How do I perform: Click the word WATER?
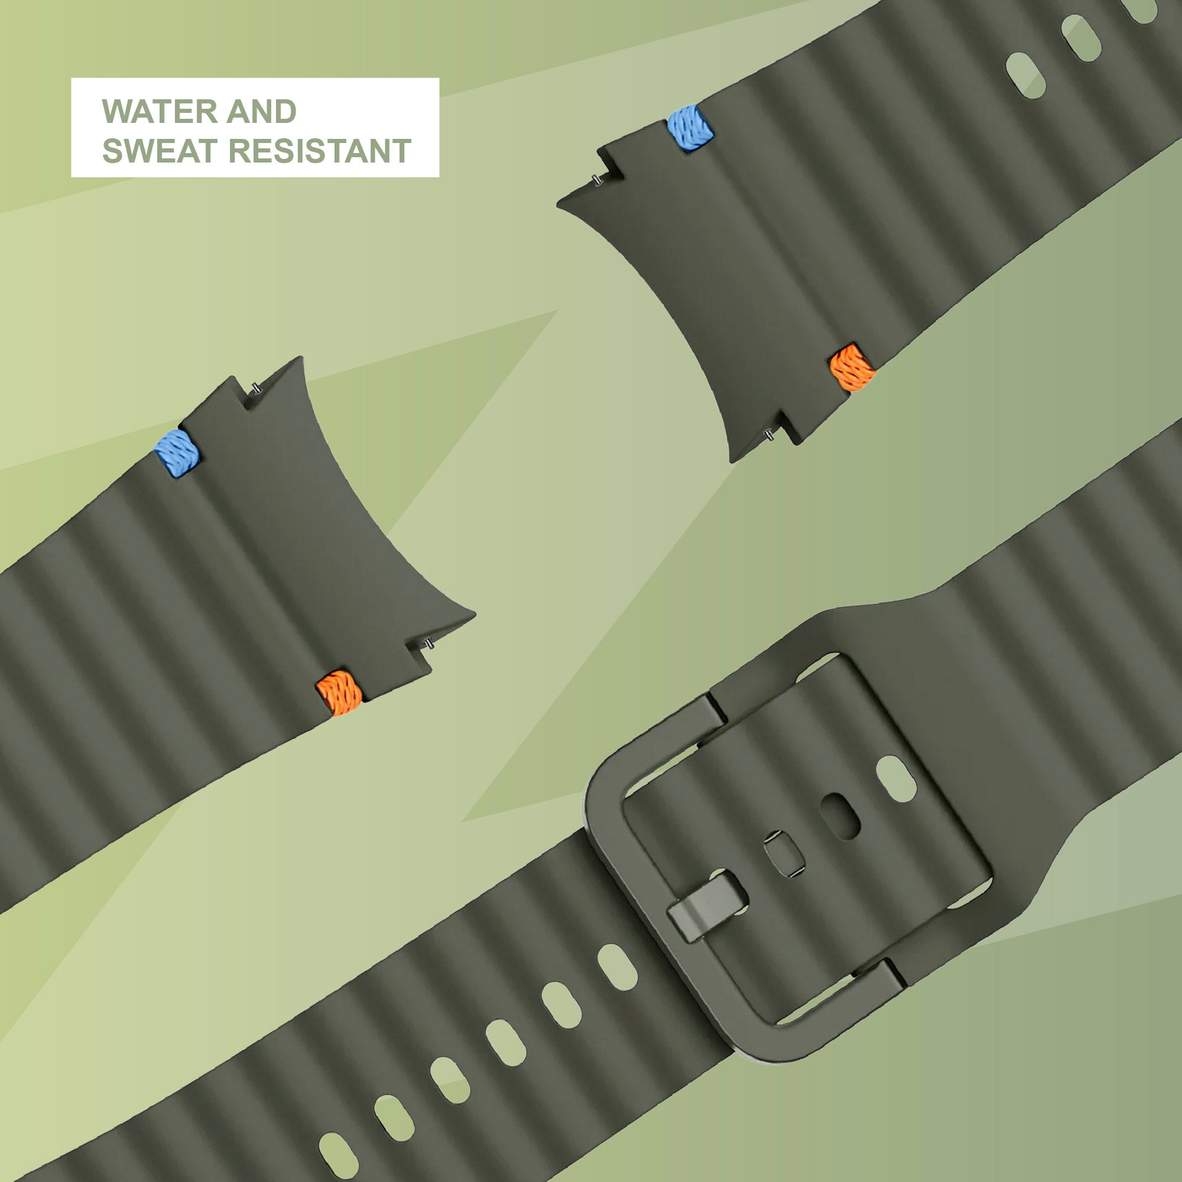click(160, 111)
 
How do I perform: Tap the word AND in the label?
click(262, 111)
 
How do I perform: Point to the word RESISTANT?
click(319, 151)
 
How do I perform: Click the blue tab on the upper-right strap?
click(691, 128)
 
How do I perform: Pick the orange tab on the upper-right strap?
click(852, 367)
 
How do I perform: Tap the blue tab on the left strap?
click(177, 453)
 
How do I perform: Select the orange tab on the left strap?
click(339, 693)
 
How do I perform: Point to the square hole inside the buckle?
click(784, 854)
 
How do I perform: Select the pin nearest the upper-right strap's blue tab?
click(595, 179)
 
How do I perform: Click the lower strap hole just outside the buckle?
click(618, 967)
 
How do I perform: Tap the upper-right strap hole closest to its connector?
click(1025, 76)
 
